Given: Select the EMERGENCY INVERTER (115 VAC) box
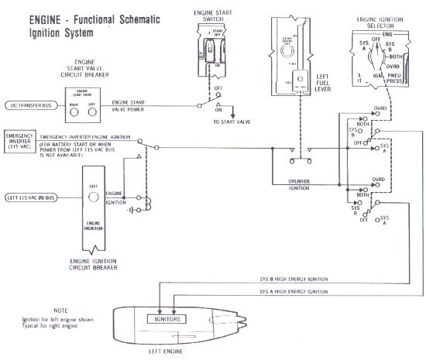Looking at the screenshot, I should pyautogui.click(x=19, y=140).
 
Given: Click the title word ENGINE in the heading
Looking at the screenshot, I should pyautogui.click(x=31, y=18).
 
